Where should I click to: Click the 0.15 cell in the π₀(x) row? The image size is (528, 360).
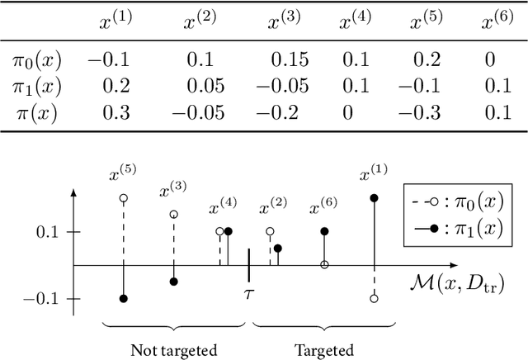coord(286,61)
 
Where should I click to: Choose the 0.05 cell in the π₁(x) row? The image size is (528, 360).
coord(201,87)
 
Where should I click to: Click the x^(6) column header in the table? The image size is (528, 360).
coord(498,21)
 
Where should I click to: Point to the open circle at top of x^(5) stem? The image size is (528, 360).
coord(124,198)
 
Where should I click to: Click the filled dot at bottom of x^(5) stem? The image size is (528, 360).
coord(124,298)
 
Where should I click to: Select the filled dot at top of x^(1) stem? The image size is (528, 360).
coord(374,198)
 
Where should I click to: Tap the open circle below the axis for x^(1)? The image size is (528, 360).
coord(374,298)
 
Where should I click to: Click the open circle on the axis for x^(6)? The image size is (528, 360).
coord(324,265)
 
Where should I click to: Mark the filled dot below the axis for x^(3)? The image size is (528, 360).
coord(173,282)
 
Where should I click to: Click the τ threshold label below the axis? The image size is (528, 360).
coord(247,292)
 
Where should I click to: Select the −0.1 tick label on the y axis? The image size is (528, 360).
coord(44,298)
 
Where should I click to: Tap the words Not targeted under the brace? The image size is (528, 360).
coord(174,350)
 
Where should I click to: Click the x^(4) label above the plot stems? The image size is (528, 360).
coord(224,208)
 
